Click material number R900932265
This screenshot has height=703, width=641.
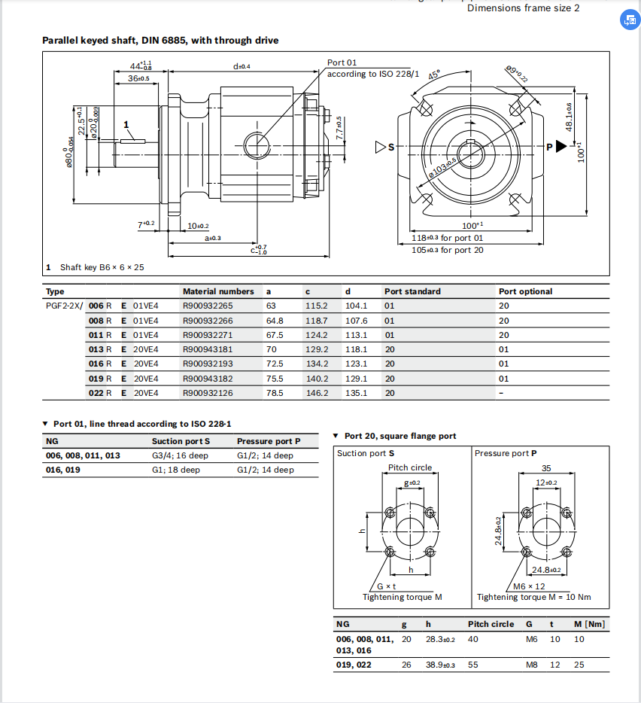coord(208,306)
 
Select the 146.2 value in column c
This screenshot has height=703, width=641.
coord(316,393)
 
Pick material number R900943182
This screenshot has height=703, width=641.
coord(208,379)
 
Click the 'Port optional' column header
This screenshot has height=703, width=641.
coord(525,291)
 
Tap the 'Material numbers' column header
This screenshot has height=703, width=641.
coord(218,291)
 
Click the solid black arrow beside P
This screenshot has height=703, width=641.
coord(561,147)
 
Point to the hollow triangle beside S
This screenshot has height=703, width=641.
coord(380,147)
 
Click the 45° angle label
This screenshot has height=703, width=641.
coord(434,76)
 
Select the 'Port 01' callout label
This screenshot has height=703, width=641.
coord(342,62)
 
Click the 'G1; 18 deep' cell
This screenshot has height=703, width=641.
coord(175,470)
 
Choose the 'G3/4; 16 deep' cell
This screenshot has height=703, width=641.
coord(180,455)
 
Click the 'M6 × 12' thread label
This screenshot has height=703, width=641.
coord(529,586)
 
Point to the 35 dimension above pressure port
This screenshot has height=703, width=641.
coord(546,468)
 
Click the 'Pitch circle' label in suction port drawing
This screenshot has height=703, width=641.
coord(410,467)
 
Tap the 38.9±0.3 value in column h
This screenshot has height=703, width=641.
coord(440,665)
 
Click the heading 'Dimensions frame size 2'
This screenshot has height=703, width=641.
coord(524,8)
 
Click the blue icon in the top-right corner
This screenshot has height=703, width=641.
coord(628,20)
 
